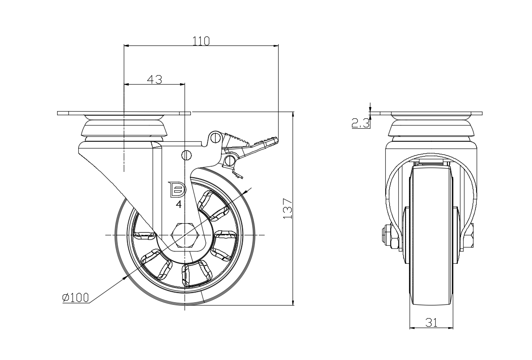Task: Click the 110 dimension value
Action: [201, 41]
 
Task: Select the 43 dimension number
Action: [154, 80]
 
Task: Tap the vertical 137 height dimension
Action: [288, 209]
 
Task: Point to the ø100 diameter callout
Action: [76, 297]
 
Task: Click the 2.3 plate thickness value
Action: [361, 123]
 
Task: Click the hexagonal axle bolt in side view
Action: [183, 235]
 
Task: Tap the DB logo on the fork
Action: [176, 189]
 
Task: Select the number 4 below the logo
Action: [179, 205]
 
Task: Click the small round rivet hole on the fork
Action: [186, 155]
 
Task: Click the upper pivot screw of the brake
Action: [215, 137]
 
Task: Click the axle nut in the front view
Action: [388, 238]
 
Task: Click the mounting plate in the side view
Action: [124, 112]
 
